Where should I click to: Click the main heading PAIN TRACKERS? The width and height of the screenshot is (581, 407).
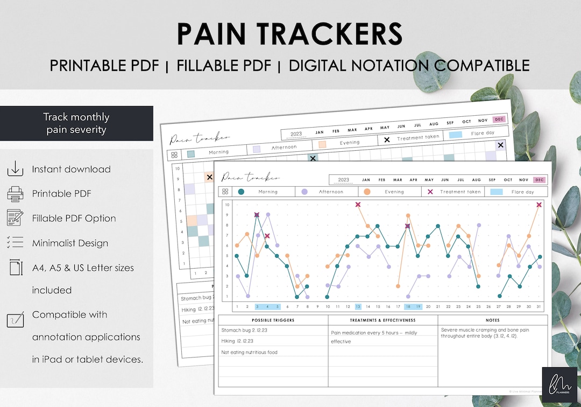(289, 34)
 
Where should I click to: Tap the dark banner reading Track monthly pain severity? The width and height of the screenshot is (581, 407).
(76, 123)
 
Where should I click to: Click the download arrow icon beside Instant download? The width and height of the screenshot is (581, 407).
(15, 169)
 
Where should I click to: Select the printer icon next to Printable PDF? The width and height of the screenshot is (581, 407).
(15, 194)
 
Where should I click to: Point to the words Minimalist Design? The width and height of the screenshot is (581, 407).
(70, 243)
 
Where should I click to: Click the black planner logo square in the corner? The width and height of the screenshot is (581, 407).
(559, 384)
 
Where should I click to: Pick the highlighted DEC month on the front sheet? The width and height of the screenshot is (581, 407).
(539, 180)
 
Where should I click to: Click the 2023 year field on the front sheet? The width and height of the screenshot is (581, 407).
(343, 180)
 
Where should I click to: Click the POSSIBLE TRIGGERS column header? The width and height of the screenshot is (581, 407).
(273, 320)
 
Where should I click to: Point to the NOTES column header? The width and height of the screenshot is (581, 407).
(493, 320)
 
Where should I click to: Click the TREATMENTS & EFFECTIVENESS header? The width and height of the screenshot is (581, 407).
(382, 320)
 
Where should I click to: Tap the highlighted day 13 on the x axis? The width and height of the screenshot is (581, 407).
(358, 306)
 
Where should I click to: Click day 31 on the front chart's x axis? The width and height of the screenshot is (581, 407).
(539, 306)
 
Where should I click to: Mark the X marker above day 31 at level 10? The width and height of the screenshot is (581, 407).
(539, 205)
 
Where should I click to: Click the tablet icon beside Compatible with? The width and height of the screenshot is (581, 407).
(15, 320)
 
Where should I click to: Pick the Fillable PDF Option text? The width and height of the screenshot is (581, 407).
(74, 218)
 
